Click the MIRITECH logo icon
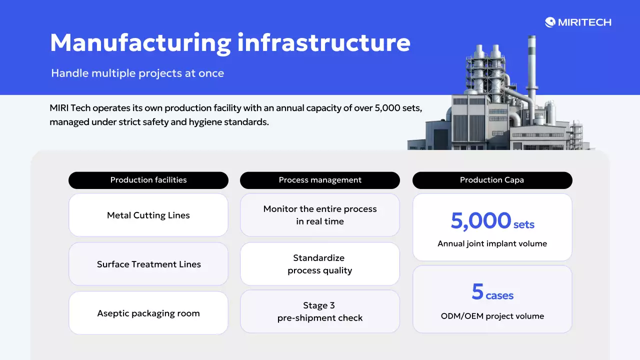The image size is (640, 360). point(550,22)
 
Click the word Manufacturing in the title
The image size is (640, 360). point(140,42)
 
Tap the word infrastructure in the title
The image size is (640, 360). point(323,42)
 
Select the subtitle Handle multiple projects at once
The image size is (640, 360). point(137,73)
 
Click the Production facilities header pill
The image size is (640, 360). point(148,180)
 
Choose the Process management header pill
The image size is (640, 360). point(320,180)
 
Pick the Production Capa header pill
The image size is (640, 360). point(492,180)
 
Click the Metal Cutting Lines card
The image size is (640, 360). point(148,215)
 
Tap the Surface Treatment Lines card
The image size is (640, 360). point(148,264)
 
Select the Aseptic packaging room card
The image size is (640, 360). point(148,313)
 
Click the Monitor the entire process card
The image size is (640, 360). point(320,215)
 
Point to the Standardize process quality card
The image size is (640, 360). point(320,264)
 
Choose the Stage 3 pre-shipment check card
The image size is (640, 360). point(320,311)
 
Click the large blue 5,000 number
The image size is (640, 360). point(480,220)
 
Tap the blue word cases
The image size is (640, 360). point(499,295)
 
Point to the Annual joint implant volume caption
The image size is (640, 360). point(492,244)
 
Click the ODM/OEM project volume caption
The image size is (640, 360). point(492,316)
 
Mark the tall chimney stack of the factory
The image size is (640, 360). point(531,70)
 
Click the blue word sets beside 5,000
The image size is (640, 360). point(524,224)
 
